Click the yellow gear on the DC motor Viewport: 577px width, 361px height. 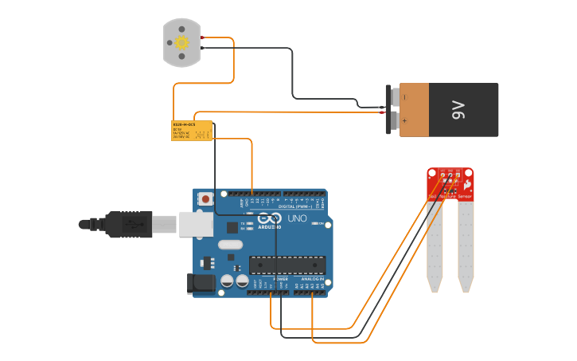[181, 42]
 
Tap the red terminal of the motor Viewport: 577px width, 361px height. [203, 37]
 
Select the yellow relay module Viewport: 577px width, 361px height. [192, 131]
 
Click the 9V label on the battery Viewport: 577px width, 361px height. [458, 109]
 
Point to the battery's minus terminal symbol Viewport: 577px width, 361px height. [404, 97]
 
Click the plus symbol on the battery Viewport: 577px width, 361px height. [404, 121]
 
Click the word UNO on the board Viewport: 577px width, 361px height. [297, 218]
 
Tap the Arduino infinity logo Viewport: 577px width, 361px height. [270, 218]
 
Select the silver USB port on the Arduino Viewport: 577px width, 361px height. [196, 224]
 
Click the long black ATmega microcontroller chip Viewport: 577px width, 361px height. [287, 265]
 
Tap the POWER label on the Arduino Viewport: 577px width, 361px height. [270, 279]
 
